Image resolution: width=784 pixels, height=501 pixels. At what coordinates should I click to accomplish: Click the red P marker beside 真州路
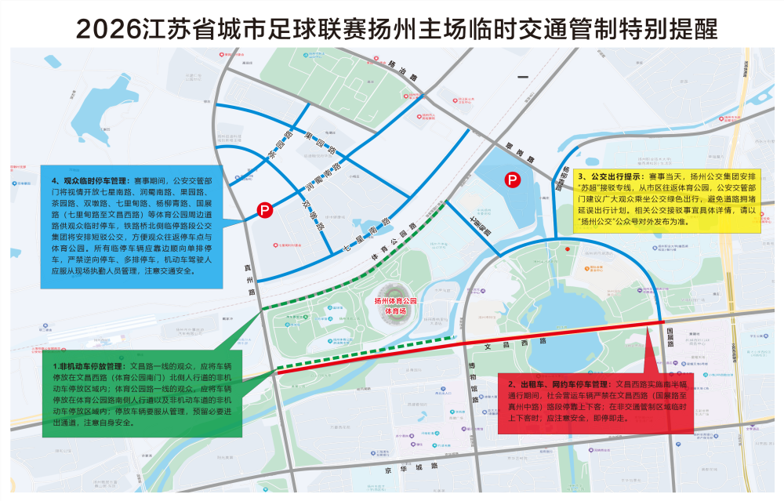click(x=265, y=209)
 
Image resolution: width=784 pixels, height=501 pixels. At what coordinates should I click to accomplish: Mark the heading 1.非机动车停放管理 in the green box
click(x=86, y=366)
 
